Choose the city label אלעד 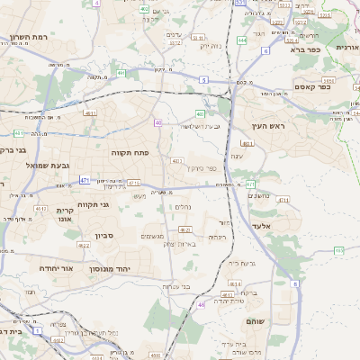(x=261, y=227)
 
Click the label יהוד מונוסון (x=110, y=268)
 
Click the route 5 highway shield (x=204, y=81)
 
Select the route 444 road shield (x=242, y=40)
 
